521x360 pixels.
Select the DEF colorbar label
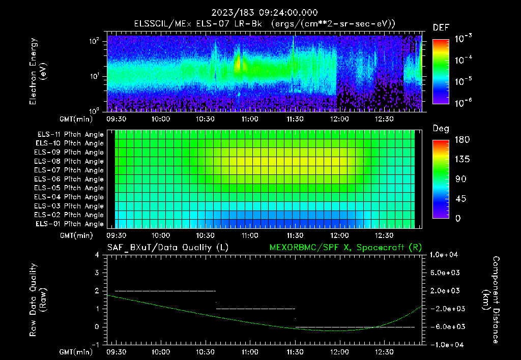[x=441, y=27]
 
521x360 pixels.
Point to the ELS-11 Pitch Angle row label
[x=70, y=135]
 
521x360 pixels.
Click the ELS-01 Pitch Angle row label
[x=70, y=224]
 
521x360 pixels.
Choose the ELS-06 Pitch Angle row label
[x=70, y=179]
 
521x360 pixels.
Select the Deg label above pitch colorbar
[x=441, y=129]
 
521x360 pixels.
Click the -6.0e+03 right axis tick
[x=446, y=326]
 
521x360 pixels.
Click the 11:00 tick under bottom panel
[x=249, y=351]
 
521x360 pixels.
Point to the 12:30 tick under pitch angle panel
[x=384, y=235]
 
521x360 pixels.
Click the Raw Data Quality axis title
[x=38, y=299]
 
